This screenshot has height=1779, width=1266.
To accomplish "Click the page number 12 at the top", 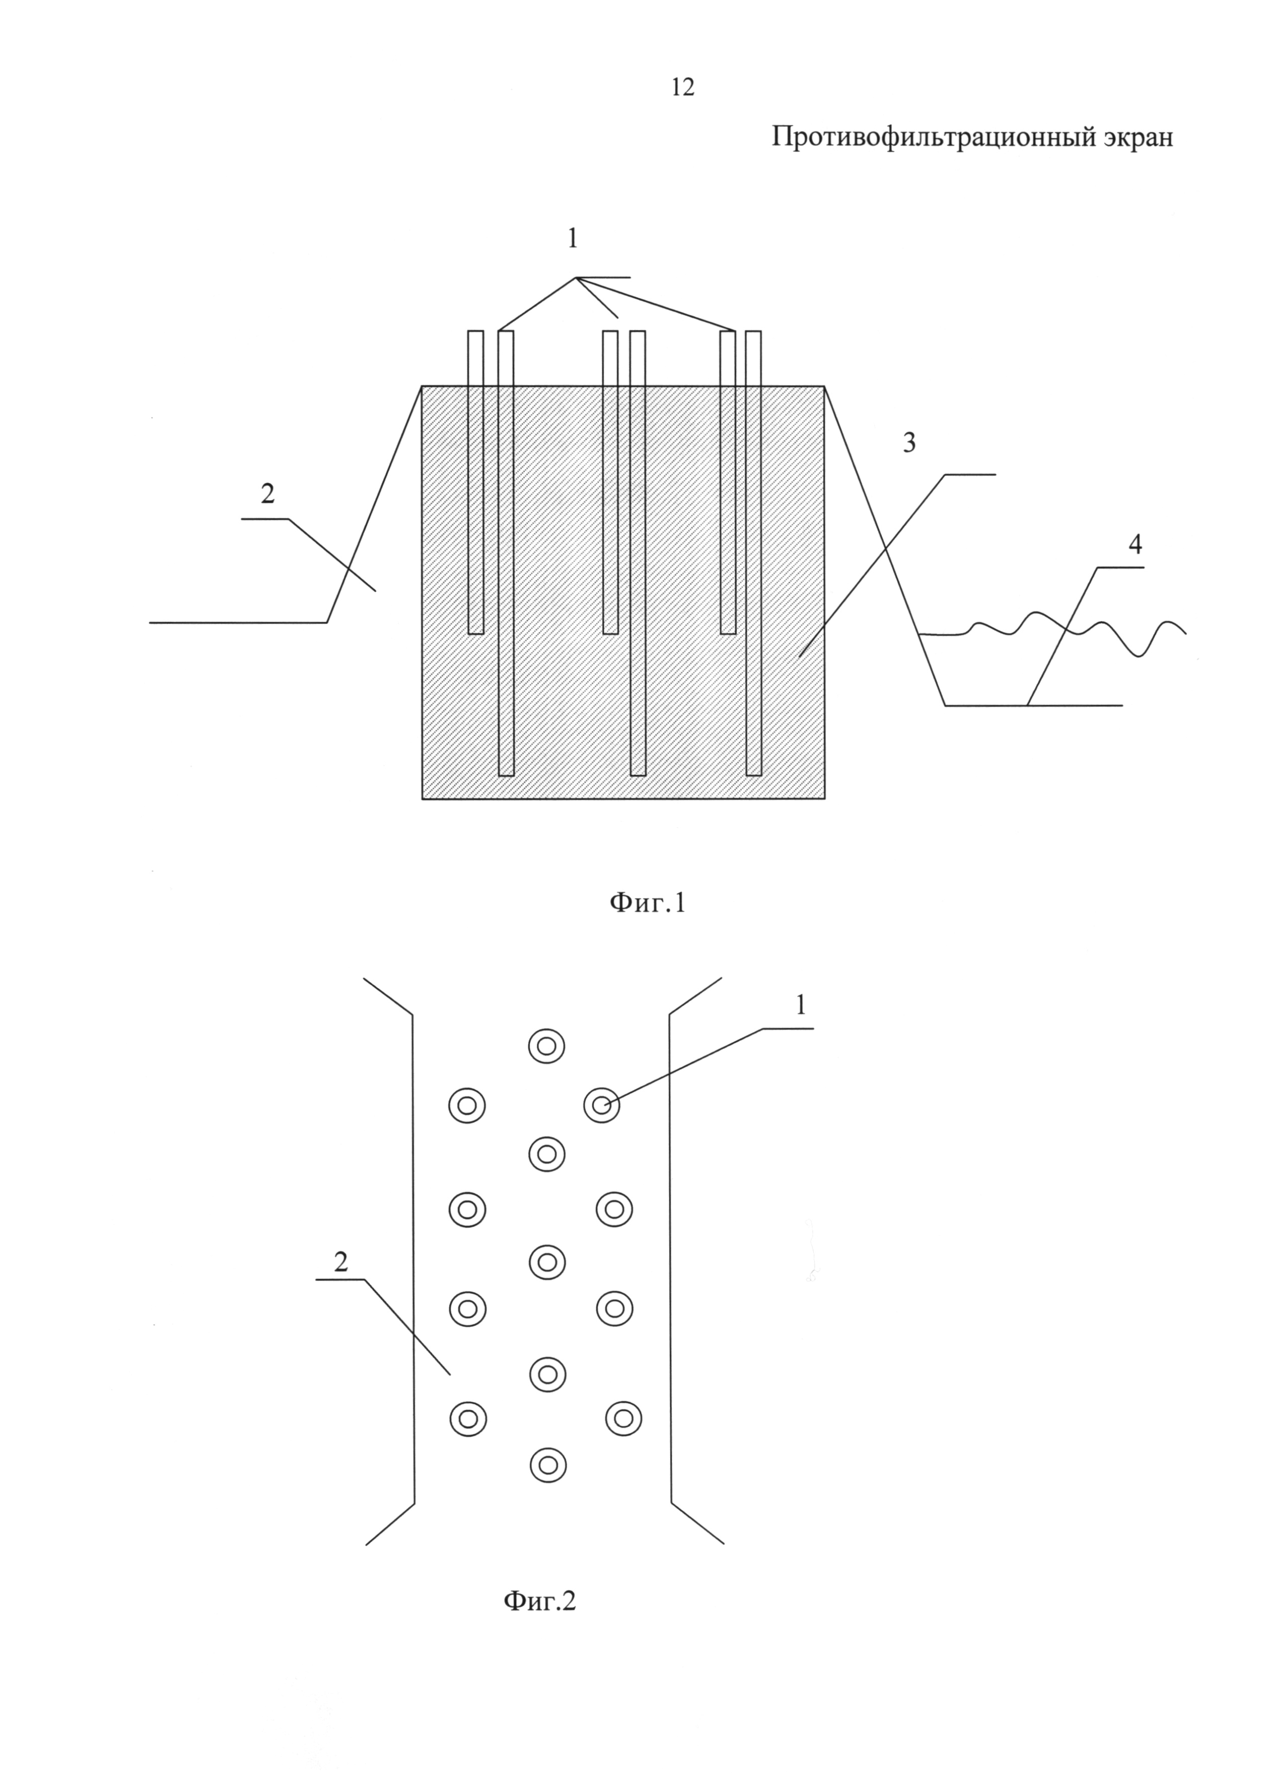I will [x=682, y=87].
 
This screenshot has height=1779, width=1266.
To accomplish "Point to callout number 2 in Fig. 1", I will [x=267, y=494].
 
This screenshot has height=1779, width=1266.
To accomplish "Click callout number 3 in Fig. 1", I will [x=909, y=443].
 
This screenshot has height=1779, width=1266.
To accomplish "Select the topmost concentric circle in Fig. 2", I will [x=546, y=1046].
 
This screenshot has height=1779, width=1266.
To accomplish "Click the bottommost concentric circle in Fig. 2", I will [x=548, y=1466].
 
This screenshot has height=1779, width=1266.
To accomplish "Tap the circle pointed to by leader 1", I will [x=602, y=1105].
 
